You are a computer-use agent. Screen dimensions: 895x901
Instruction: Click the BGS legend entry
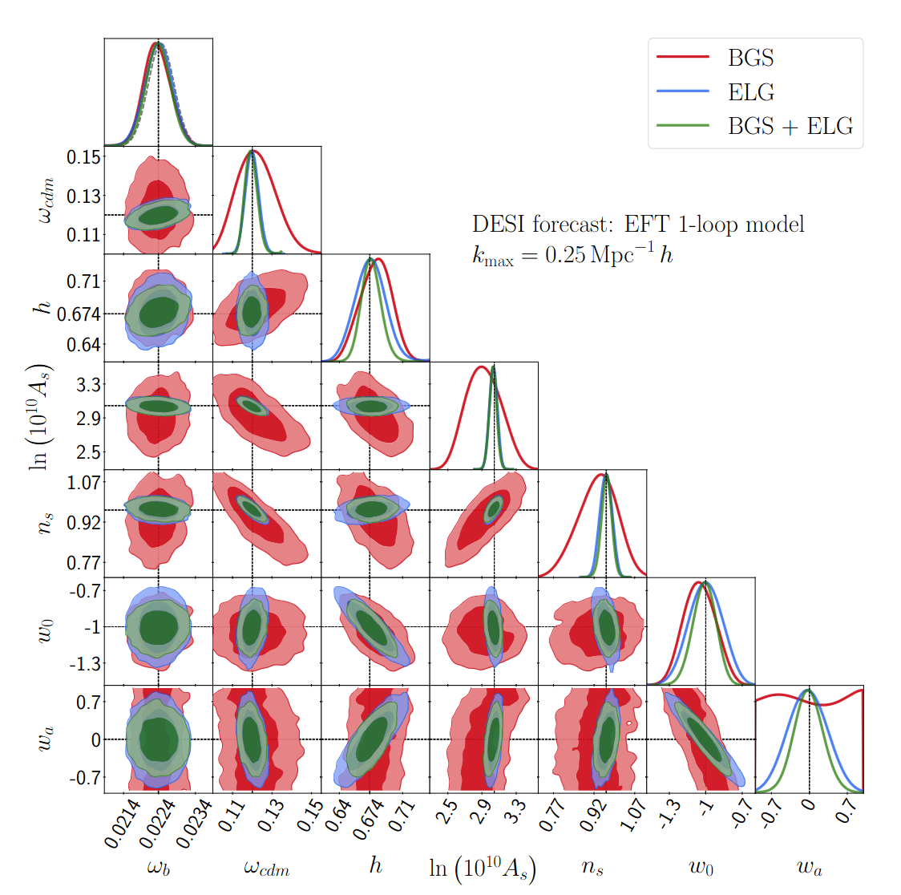pyautogui.click(x=750, y=58)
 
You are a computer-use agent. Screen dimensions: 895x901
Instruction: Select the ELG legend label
pyautogui.click(x=750, y=92)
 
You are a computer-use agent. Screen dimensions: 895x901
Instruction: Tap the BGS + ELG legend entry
pyautogui.click(x=790, y=126)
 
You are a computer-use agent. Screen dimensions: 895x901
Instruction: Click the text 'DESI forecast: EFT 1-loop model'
pyautogui.click(x=638, y=224)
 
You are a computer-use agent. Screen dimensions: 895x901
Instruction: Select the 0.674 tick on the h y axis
pyautogui.click(x=79, y=314)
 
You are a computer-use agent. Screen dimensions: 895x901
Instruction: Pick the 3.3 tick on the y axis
pyautogui.click(x=89, y=384)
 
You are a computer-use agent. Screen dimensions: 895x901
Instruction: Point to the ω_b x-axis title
pyautogui.click(x=158, y=867)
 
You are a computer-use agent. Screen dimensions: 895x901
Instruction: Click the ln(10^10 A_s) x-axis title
pyautogui.click(x=483, y=869)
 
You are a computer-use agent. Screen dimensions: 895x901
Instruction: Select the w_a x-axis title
pyautogui.click(x=809, y=867)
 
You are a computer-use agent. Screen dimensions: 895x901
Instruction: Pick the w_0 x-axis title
pyautogui.click(x=701, y=867)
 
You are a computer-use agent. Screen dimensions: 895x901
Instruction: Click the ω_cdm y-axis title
pyautogui.click(x=46, y=200)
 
